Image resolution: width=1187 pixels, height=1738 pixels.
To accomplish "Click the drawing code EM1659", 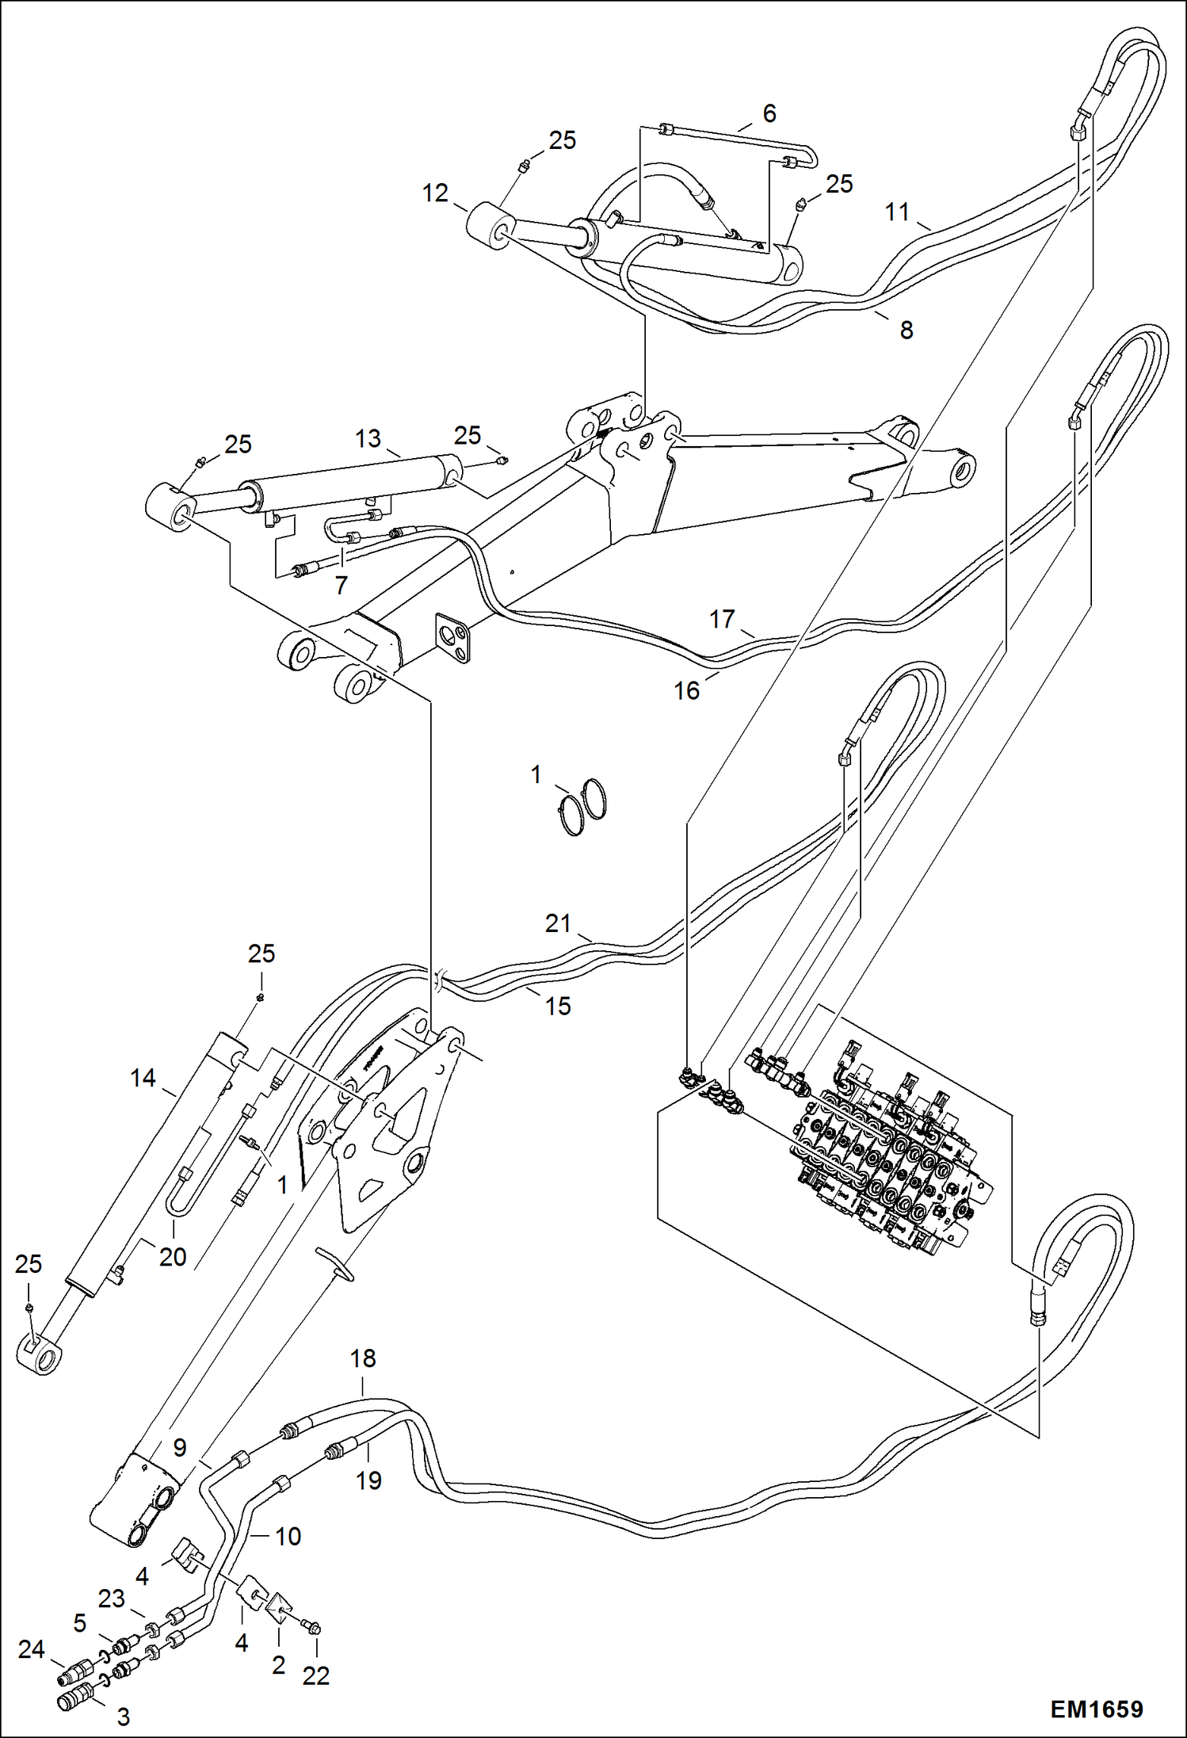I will pyautogui.click(x=1096, y=1709).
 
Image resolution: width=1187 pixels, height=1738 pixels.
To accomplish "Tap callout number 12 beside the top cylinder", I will pyautogui.click(x=435, y=193).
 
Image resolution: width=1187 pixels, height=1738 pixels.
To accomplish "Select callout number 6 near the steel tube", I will pyautogui.click(x=769, y=113).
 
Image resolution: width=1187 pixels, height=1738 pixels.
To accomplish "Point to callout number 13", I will pyautogui.click(x=368, y=438).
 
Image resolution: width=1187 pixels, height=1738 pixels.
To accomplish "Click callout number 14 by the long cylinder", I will pyautogui.click(x=143, y=1078).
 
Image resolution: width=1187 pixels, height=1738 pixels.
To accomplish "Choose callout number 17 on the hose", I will pyautogui.click(x=721, y=618).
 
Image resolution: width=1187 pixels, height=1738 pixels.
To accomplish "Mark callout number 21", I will pyautogui.click(x=558, y=922).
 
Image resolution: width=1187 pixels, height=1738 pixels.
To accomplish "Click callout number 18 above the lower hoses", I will pyautogui.click(x=363, y=1358).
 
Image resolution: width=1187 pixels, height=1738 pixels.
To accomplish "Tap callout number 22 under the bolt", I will pyautogui.click(x=315, y=1675).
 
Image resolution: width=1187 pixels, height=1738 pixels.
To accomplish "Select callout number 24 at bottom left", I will pyautogui.click(x=31, y=1649).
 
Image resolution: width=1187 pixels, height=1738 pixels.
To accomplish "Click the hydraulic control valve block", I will pyautogui.click(x=887, y=1149).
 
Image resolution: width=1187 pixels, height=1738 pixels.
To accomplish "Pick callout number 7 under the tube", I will pyautogui.click(x=341, y=585).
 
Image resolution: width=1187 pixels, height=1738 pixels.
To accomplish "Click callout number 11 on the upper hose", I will pyautogui.click(x=896, y=212).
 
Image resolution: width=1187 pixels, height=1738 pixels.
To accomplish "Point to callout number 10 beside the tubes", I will pyautogui.click(x=288, y=1536).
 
